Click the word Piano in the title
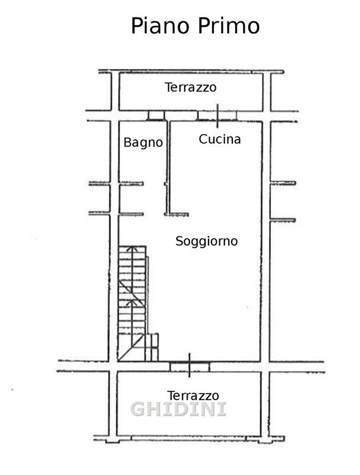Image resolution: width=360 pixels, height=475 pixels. [x=160, y=26]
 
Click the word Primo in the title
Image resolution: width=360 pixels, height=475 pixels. [x=229, y=26]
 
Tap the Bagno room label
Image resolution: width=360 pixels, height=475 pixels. [x=143, y=142]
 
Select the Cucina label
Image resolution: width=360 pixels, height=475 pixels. [x=220, y=139]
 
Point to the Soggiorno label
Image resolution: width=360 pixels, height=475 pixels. [x=206, y=242]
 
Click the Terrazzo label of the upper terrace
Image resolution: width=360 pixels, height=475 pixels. [x=191, y=87]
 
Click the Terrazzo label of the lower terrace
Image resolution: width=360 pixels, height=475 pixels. [x=192, y=395]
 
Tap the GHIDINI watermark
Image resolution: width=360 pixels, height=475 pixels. [x=178, y=409]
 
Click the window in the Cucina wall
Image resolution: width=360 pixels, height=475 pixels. [x=217, y=116]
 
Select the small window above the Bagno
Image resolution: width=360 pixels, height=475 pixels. [x=156, y=115]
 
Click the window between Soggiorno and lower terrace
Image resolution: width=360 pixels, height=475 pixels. [x=190, y=366]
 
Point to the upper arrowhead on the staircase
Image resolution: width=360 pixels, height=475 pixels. [x=132, y=248]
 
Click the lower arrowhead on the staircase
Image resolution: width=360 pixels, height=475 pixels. [x=131, y=302]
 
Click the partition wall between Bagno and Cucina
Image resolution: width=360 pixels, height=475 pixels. [x=168, y=168]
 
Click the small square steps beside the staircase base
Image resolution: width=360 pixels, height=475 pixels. [x=152, y=347]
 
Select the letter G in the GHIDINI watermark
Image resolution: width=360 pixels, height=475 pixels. [x=138, y=409]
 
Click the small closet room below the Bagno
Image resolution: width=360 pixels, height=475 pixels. [x=131, y=199]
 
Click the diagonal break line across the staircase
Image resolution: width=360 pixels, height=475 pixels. [x=132, y=294]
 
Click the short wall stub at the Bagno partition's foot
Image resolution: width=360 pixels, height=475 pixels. [x=177, y=214]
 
